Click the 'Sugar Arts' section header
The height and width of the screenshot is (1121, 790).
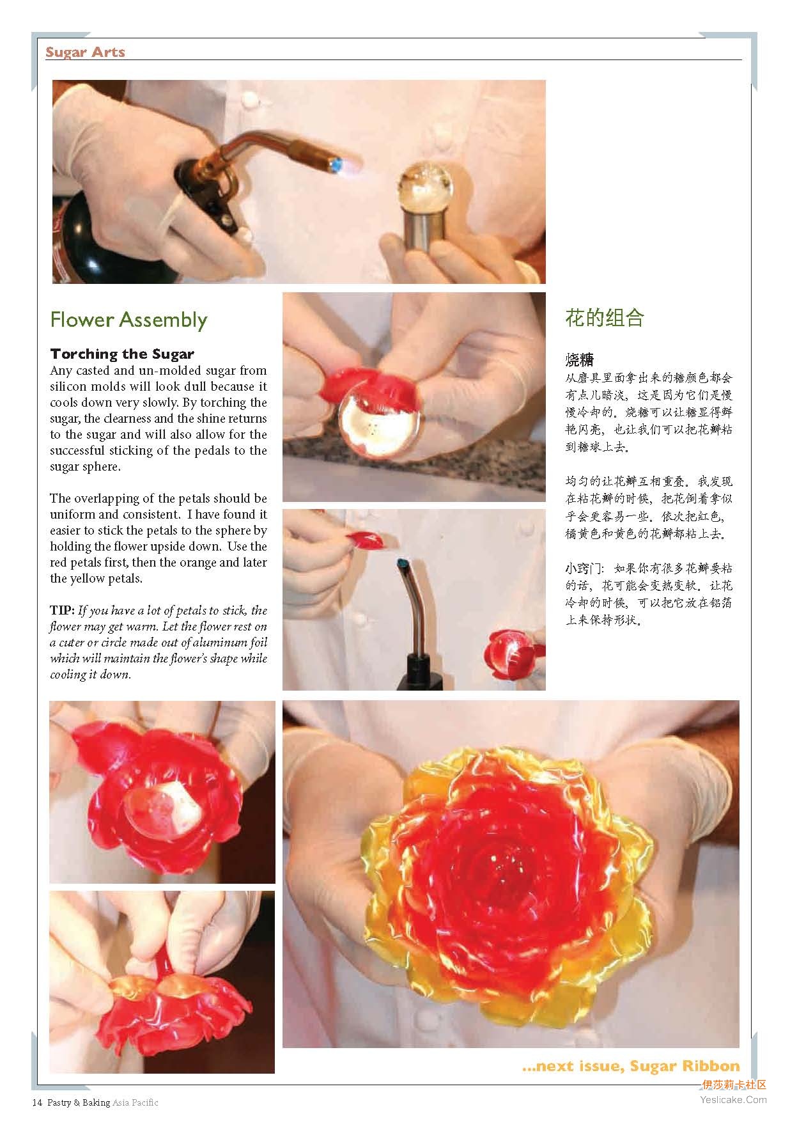pos(85,52)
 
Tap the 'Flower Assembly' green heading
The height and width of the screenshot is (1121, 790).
pos(128,320)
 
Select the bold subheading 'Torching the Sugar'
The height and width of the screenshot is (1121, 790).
pos(122,354)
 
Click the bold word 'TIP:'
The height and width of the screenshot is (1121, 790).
pos(63,610)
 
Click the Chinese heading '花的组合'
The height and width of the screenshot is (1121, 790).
pos(604,318)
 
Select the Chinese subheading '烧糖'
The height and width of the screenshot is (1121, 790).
pos(579,359)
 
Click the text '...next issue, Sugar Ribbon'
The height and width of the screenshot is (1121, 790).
pos(630,1065)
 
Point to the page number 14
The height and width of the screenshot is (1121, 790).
pos(36,1102)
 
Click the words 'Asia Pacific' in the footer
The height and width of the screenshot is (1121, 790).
pos(136,1102)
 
